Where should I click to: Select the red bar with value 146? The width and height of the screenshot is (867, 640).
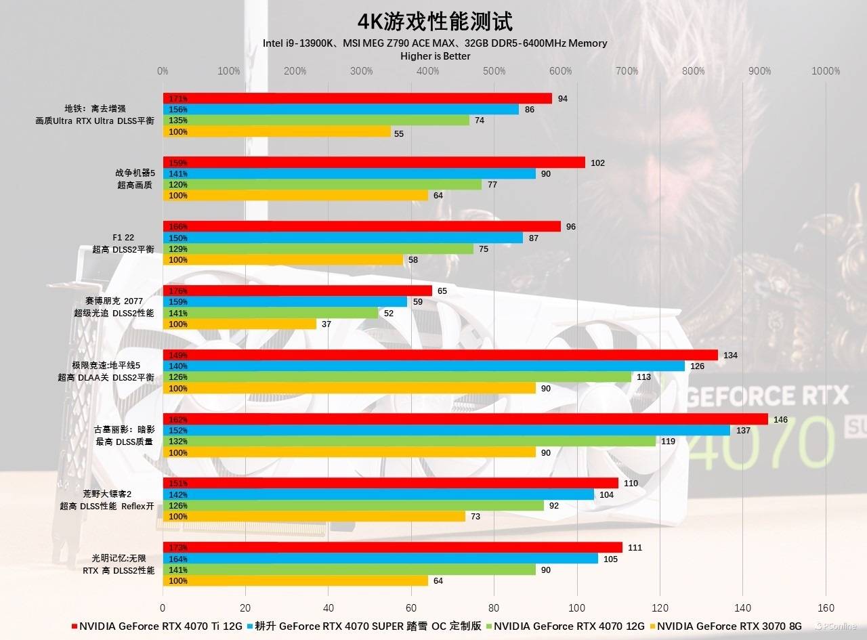pos(465,419)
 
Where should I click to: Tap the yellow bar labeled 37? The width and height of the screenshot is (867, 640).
pos(239,324)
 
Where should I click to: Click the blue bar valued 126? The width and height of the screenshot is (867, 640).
pos(423,366)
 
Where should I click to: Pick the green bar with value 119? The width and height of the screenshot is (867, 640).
pos(409,442)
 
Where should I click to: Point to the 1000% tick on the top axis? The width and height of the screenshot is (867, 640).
pos(826,71)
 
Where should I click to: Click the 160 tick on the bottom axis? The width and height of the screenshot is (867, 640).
pos(826,607)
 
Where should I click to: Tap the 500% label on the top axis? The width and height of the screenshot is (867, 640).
pos(494,71)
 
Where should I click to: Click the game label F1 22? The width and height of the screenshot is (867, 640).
pos(123,238)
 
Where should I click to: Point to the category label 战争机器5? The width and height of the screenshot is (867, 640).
pos(135,173)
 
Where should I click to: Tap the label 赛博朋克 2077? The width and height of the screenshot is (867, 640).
pos(114,301)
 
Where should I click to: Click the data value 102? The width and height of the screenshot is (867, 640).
pos(597,163)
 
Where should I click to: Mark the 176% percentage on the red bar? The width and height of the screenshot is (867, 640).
pos(178,291)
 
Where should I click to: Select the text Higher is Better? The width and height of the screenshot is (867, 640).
pos(435,56)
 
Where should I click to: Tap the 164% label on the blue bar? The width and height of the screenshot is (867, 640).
pos(178,559)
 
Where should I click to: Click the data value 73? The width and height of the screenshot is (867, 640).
pos(475,517)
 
